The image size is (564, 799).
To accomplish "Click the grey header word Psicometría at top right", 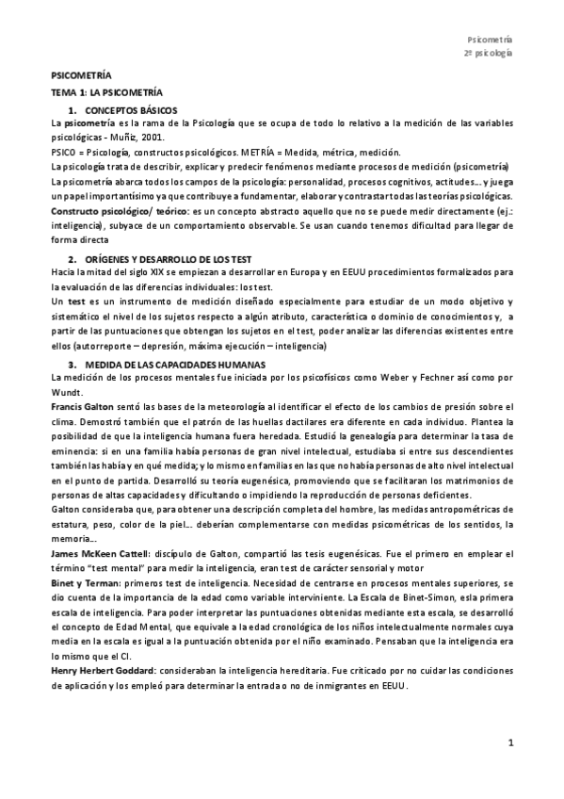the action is (490, 39).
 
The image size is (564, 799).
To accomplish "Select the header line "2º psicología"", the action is (488, 54).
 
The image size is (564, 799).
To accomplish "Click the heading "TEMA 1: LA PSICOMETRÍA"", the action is (106, 95).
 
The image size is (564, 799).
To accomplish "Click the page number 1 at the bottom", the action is (509, 742).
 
